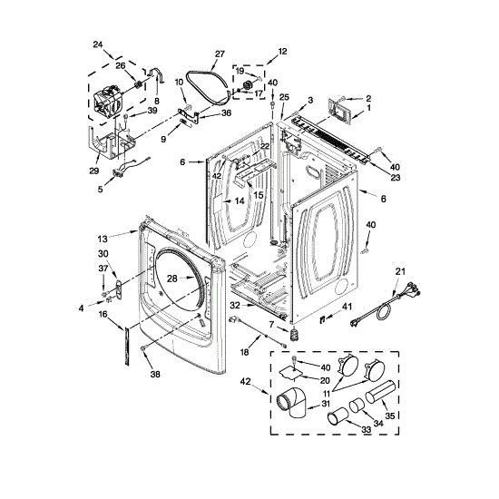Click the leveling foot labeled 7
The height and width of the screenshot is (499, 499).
(293, 337)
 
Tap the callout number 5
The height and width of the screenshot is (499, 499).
(99, 189)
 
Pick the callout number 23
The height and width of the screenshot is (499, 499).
(395, 178)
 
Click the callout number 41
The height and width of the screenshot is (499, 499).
(347, 308)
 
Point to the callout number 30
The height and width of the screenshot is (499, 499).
(103, 253)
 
